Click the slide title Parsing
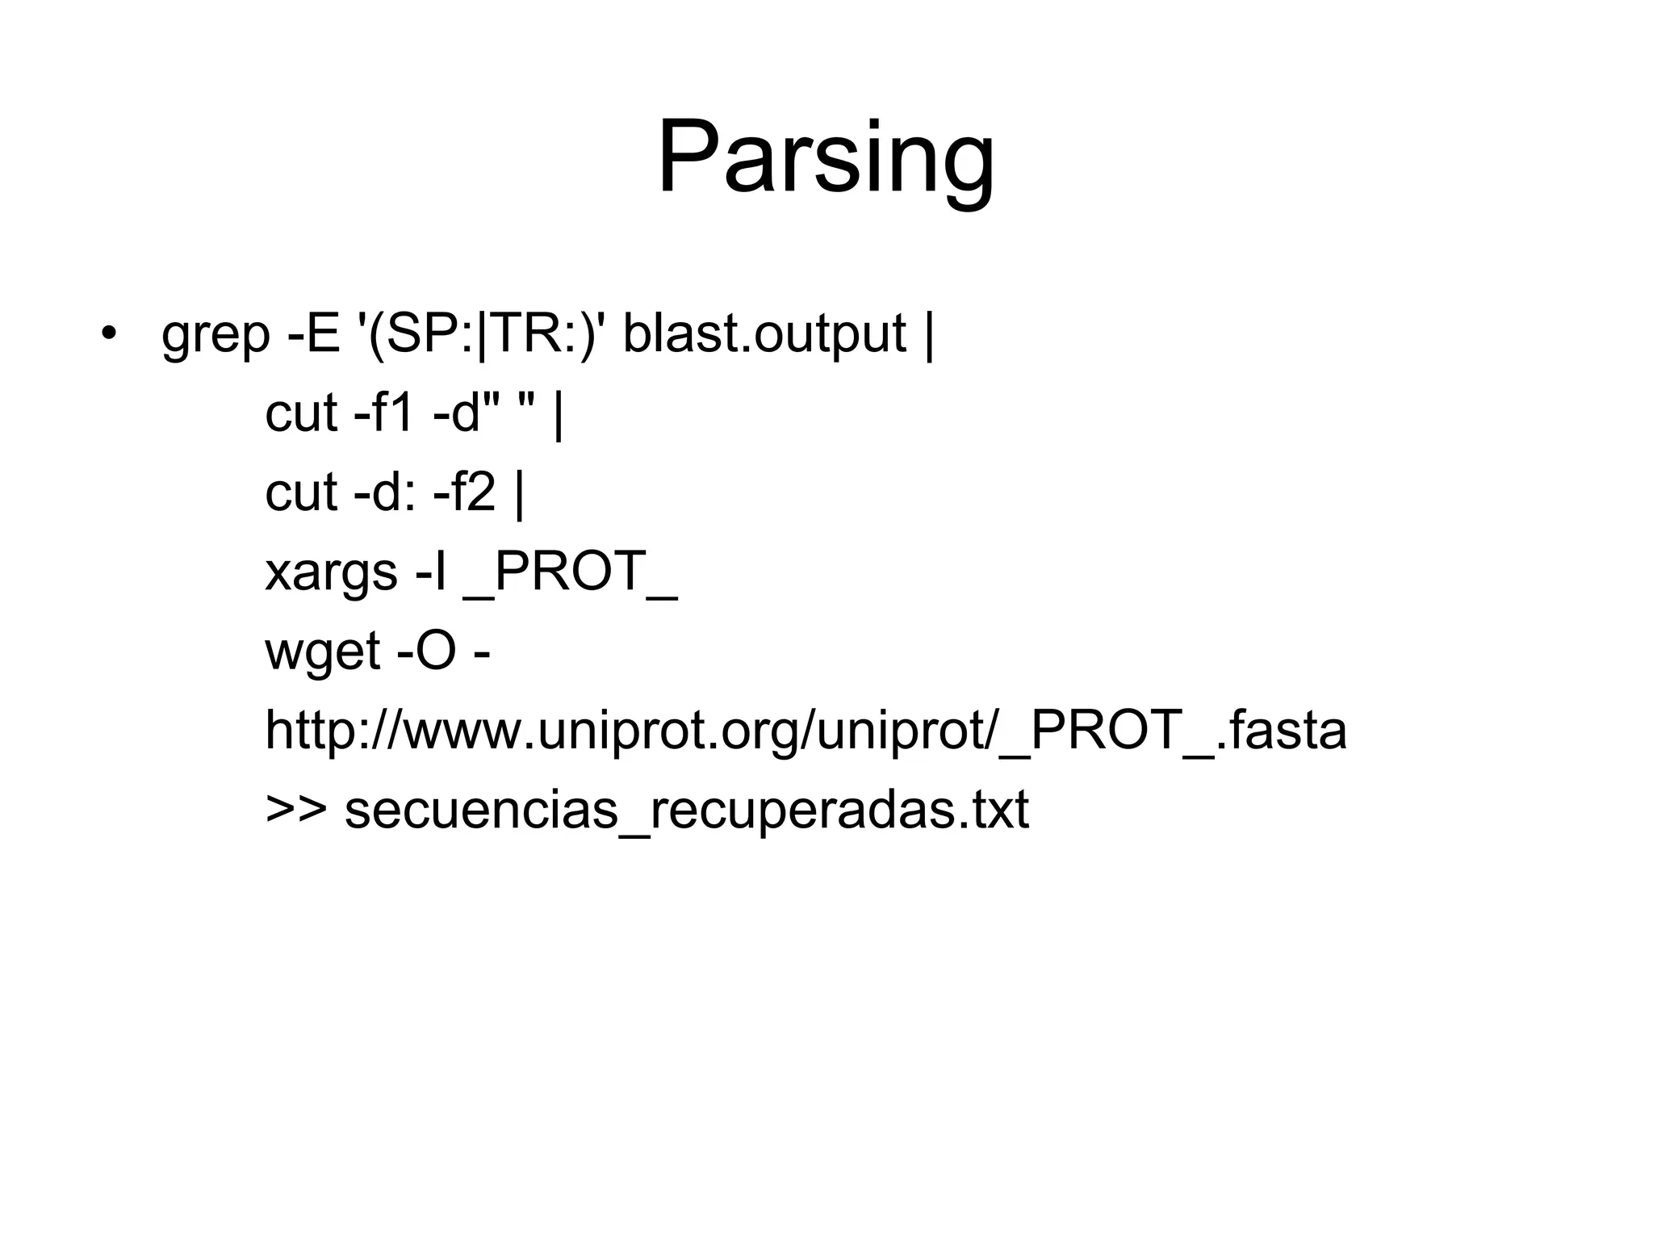(x=826, y=157)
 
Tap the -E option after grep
(x=314, y=333)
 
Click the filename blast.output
(x=764, y=334)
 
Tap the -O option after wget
(x=428, y=651)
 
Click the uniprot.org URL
(x=806, y=731)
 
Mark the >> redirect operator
(x=296, y=810)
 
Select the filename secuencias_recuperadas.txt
(x=687, y=810)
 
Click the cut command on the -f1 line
(x=301, y=413)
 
